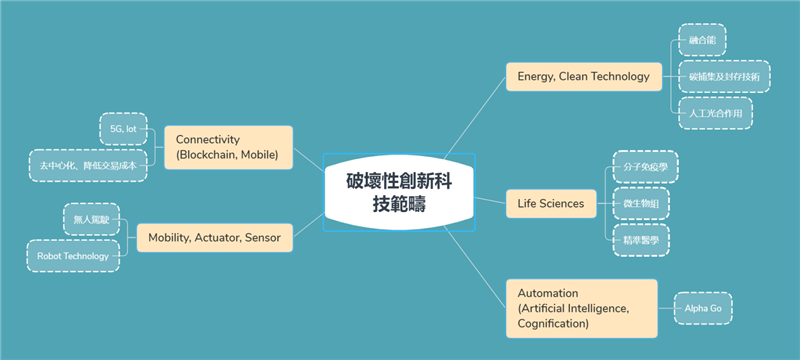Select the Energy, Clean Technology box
click(x=583, y=76)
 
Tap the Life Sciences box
click(x=550, y=203)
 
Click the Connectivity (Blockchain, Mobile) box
click(x=227, y=147)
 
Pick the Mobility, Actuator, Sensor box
click(x=214, y=238)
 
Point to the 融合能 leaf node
click(x=701, y=40)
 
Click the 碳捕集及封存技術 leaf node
click(x=723, y=76)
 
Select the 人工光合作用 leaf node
click(x=714, y=112)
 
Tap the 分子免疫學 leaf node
click(x=644, y=167)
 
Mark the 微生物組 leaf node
click(x=640, y=203)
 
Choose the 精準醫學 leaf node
click(x=640, y=240)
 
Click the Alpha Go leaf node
click(x=703, y=308)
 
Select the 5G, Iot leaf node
click(x=124, y=129)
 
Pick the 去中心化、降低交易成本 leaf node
click(x=88, y=165)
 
